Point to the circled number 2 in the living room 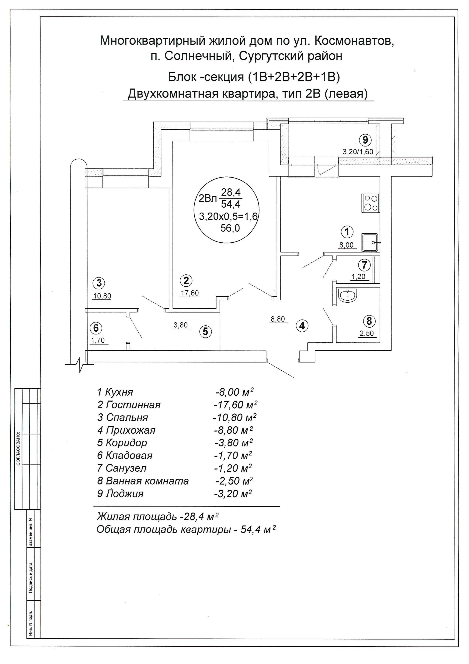pos(186,280)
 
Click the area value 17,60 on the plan pos(190,293)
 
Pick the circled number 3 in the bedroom pos(99,283)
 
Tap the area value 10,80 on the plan pos(102,296)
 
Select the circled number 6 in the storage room pos(96,328)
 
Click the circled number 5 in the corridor pos(205,331)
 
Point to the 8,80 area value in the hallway pos(278,319)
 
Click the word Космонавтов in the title pos(354,41)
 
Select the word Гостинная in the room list pos(133,404)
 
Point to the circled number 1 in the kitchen pos(347,232)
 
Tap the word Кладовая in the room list pos(129,455)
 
